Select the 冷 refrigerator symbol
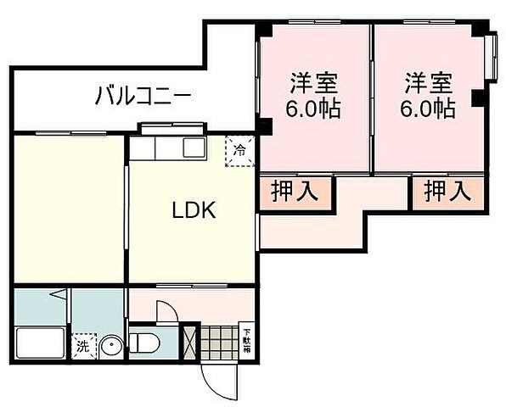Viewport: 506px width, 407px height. [x=239, y=152]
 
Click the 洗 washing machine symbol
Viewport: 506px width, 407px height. [x=82, y=346]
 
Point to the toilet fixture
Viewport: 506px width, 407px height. [x=146, y=343]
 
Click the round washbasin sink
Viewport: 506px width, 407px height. [x=112, y=345]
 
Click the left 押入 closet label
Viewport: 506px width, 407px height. [x=295, y=191]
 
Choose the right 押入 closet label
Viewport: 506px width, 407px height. [x=447, y=191]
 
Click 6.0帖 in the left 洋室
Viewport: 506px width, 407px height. [x=314, y=109]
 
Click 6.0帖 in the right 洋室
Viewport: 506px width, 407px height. [x=429, y=109]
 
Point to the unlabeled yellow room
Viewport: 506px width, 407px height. [x=68, y=208]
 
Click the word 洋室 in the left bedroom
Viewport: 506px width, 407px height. [x=314, y=84]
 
